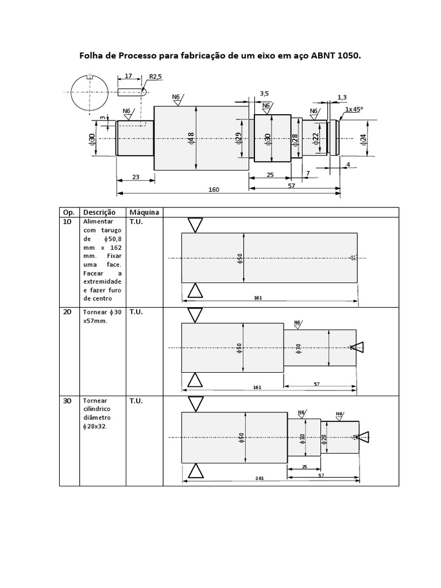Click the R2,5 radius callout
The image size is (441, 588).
tap(155, 76)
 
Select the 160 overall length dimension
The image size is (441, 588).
tap(214, 189)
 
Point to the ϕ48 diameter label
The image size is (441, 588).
tap(191, 138)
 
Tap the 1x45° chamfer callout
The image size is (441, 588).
tap(354, 109)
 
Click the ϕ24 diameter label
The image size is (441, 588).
tap(363, 139)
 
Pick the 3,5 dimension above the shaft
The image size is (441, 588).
tap(264, 94)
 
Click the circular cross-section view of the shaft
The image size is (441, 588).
tap(90, 92)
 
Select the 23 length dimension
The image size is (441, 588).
tap(136, 177)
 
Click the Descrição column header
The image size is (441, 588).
tap(99, 212)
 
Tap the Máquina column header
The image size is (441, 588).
tap(144, 212)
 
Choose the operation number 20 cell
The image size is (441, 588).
tap(67, 312)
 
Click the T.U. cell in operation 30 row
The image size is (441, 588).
tap(136, 401)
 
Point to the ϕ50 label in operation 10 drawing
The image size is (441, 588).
tap(240, 258)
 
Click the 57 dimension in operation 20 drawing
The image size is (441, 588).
tap(316, 384)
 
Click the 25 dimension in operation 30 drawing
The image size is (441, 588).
tap(304, 467)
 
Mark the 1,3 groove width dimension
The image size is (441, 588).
tap(342, 98)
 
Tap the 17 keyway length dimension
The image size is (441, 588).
tap(128, 76)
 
